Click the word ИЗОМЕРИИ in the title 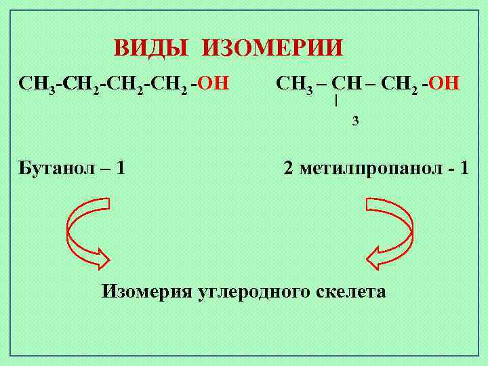coord(273,49)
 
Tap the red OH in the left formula coord(214,84)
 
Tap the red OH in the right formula coord(445,84)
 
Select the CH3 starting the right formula coord(294,85)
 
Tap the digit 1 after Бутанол coord(121,167)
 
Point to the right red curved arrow coord(392,230)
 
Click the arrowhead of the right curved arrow coord(378,258)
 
